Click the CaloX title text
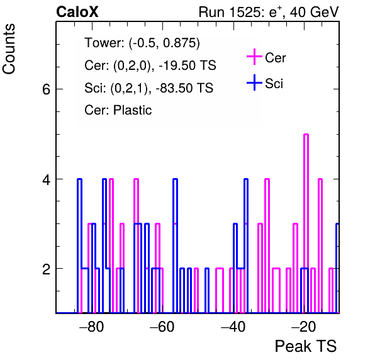[77, 12]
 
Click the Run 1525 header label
[230, 12]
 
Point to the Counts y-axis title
[9, 49]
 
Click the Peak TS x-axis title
[306, 346]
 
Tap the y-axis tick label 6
[46, 89]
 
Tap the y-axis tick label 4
[46, 179]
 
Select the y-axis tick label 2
[46, 269]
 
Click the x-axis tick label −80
[92, 326]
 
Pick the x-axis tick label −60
[162, 326]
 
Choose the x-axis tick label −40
[233, 326]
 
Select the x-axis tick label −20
[304, 326]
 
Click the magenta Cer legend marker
[254, 57]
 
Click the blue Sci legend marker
[254, 82]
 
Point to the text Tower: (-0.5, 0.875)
[142, 43]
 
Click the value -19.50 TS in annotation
[187, 65]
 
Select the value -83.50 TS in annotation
[184, 87]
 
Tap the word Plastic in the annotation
[133, 110]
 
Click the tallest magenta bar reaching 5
[306, 223]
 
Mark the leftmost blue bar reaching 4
[80, 246]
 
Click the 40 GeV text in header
[314, 12]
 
